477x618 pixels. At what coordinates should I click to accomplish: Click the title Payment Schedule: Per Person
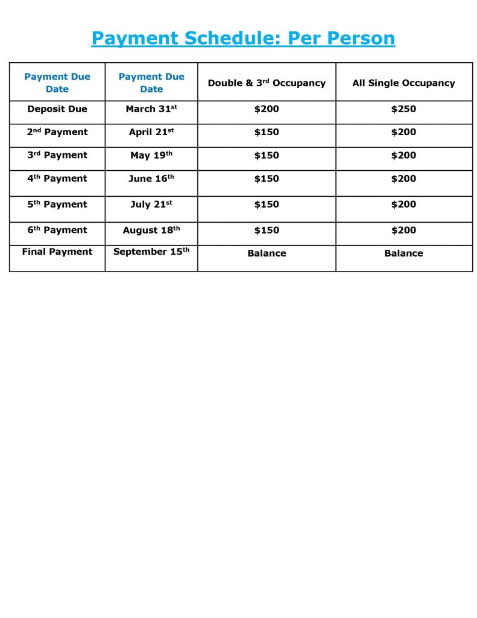[243, 39]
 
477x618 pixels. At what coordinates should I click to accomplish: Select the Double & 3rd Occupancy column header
[267, 83]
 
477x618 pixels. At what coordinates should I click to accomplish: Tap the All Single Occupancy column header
[403, 83]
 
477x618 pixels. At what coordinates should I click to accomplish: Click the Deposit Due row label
[57, 109]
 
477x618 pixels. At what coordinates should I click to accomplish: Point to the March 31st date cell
[151, 109]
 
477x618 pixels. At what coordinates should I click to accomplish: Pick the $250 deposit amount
[403, 109]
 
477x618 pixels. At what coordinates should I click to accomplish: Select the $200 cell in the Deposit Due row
[267, 109]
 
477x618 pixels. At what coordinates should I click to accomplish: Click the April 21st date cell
[151, 132]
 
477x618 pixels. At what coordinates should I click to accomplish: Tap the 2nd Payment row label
[57, 132]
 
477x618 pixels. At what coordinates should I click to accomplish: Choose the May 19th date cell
[151, 155]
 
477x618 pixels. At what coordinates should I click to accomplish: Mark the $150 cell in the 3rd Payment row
[267, 155]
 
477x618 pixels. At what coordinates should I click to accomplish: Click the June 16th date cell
[151, 179]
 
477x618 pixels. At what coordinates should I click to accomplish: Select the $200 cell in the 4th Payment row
[403, 179]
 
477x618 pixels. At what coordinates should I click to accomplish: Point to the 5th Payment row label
[57, 205]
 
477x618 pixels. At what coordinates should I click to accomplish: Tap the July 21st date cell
[151, 205]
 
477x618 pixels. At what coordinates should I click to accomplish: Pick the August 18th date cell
[151, 230]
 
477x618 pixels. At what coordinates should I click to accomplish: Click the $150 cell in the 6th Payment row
[267, 230]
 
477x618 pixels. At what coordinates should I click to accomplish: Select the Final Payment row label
[57, 252]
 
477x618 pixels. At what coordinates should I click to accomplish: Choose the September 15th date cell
[151, 252]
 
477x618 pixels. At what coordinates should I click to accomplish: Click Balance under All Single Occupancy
[403, 253]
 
